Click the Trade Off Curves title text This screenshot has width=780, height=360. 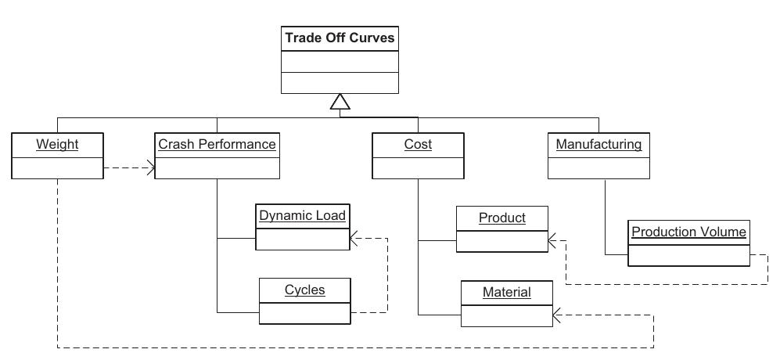[x=340, y=38]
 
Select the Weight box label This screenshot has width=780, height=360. [x=57, y=144]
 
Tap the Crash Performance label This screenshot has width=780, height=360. [x=217, y=144]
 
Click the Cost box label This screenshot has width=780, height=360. [x=418, y=144]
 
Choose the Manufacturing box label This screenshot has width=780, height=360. [x=598, y=144]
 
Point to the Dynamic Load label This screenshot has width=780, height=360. [x=302, y=215]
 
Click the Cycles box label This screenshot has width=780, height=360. [x=304, y=290]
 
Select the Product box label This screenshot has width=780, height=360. [x=501, y=218]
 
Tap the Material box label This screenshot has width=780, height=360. [x=506, y=292]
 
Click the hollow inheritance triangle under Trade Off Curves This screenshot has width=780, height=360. [x=340, y=102]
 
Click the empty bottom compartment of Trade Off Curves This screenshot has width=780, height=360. [x=340, y=83]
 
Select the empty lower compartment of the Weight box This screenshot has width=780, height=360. [x=57, y=167]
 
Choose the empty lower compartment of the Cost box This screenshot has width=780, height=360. [x=418, y=167]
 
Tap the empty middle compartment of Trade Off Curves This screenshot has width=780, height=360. [x=340, y=62]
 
